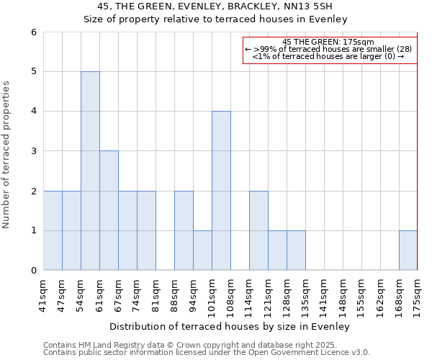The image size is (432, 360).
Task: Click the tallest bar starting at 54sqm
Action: (90, 171)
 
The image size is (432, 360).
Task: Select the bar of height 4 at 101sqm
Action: (221, 191)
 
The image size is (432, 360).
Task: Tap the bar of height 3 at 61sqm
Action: (109, 210)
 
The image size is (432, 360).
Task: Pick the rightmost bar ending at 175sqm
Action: (408, 251)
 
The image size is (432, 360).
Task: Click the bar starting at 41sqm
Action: (53, 230)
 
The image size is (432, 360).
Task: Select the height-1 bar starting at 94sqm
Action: (202, 251)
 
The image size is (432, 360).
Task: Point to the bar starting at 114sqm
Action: (258, 230)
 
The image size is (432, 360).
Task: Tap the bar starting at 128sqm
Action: (296, 251)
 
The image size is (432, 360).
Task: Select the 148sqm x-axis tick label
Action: (343, 296)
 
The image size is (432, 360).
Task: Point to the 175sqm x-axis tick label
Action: (418, 296)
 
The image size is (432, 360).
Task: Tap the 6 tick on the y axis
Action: (33, 32)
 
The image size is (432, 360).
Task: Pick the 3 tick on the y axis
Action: (33, 151)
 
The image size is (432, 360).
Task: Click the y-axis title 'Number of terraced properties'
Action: (6, 155)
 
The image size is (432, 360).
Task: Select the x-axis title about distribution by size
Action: (230, 326)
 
